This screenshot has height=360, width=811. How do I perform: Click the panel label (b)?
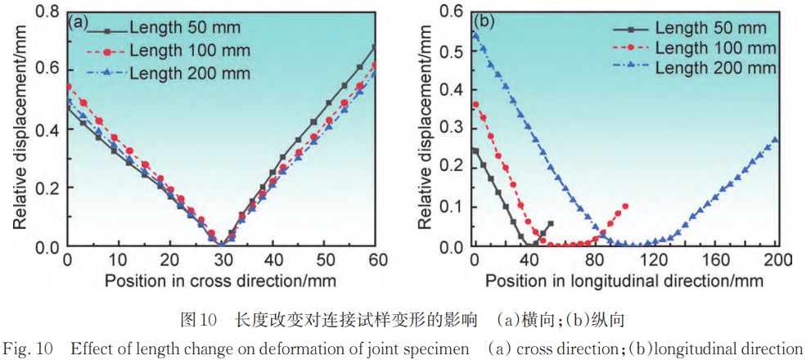coord(484,21)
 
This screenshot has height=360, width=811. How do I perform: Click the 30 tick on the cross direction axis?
coord(222,260)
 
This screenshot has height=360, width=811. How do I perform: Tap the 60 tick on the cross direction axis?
coord(376,260)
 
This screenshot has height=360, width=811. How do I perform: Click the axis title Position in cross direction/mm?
coord(222,280)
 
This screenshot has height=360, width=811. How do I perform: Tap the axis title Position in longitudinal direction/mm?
coord(624,280)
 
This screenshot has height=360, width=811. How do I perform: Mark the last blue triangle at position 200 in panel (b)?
coord(775,140)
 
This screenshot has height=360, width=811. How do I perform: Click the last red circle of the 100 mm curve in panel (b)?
coord(625,206)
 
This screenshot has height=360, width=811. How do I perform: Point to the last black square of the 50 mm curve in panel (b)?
coord(550,223)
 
